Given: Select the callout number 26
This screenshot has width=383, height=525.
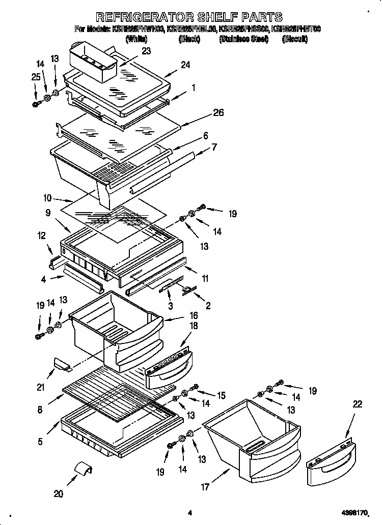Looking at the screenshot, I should [218, 112].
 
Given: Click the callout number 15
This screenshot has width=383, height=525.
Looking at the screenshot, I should [221, 395].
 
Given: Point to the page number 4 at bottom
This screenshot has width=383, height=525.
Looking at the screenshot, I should [189, 513].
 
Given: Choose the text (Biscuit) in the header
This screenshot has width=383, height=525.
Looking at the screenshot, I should [294, 39].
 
